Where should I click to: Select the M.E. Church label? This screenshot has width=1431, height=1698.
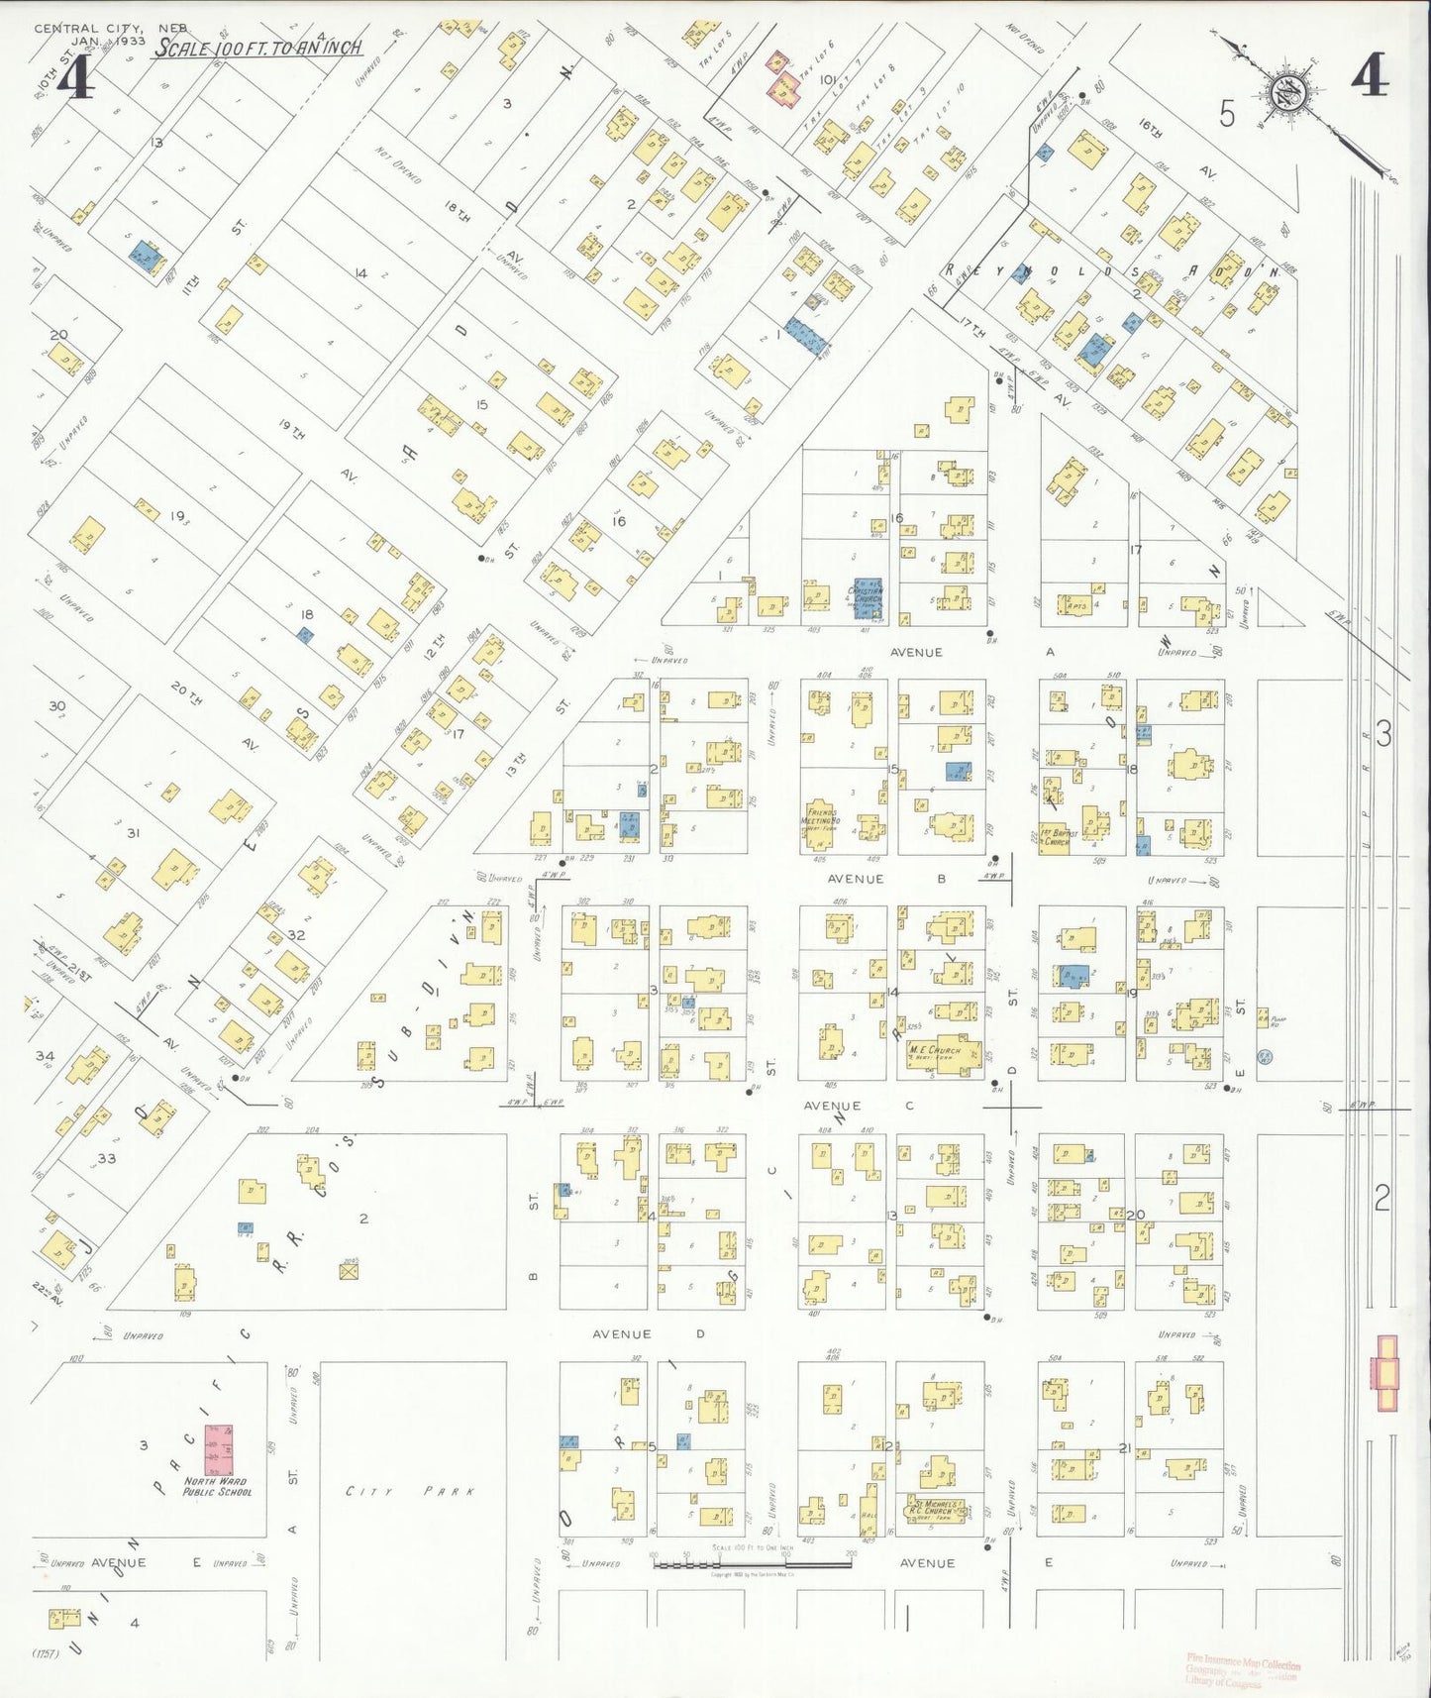pos(934,1052)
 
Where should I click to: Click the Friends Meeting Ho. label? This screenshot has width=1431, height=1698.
pos(821,818)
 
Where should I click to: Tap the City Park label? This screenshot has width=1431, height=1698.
pos(410,1491)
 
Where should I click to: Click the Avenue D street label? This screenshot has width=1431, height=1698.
pos(648,1333)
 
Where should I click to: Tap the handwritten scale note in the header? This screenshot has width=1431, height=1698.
pos(256,48)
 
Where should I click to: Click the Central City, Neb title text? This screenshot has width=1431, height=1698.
pos(110,28)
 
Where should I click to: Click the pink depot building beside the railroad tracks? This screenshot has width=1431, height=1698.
pos(1385,1372)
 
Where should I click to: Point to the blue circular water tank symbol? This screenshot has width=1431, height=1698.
pos(1265,1057)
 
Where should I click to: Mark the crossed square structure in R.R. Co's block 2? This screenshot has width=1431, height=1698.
pos(349,1272)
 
